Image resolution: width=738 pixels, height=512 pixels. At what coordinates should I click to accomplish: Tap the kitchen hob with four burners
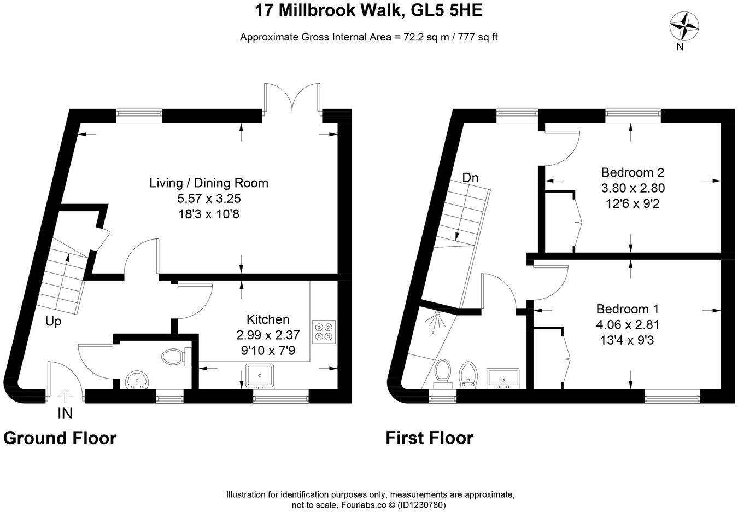(323, 331)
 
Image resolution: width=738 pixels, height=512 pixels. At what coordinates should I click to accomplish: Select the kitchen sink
(260, 375)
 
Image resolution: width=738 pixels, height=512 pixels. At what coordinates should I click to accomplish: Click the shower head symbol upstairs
(434, 321)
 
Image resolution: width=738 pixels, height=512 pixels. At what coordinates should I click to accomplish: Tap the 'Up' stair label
(53, 322)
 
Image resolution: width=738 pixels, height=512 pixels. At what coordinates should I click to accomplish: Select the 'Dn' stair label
(470, 178)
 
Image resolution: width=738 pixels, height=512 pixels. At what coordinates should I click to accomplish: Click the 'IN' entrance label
(65, 414)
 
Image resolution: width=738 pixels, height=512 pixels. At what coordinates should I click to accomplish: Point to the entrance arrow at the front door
(65, 395)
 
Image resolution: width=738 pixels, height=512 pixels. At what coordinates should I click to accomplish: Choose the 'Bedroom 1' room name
(628, 309)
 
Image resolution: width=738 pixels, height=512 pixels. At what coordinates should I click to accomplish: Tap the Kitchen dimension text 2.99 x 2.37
(268, 335)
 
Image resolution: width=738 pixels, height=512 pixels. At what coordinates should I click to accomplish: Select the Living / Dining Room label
(209, 183)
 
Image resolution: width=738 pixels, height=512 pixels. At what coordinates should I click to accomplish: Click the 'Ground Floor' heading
(60, 439)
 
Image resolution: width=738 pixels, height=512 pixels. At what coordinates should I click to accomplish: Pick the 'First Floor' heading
(429, 438)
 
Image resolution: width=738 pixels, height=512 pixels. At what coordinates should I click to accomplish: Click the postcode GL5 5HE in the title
(447, 10)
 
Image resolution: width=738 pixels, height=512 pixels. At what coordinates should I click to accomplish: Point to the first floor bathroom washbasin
(503, 378)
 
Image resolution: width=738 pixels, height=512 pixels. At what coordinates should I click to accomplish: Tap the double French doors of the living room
(292, 97)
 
